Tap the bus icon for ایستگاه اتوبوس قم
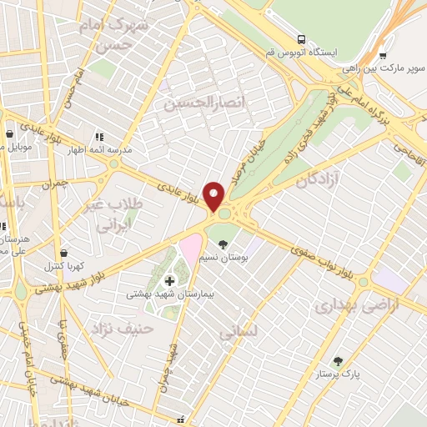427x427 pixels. click(300, 39)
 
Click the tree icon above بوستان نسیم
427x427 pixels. click(223, 244)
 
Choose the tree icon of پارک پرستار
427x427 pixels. click(337, 361)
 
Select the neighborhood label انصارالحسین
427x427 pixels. click(196, 103)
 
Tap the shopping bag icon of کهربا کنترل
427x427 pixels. click(63, 253)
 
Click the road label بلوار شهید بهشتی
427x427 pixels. click(72, 282)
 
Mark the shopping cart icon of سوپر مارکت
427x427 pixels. click(383, 57)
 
